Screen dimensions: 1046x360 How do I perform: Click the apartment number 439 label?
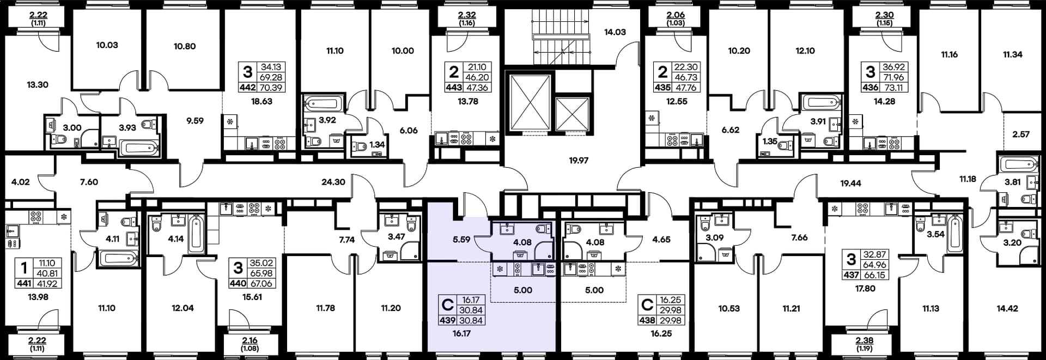click(447, 320)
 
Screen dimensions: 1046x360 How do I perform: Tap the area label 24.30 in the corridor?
click(333, 182)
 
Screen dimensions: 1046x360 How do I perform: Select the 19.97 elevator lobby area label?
click(579, 161)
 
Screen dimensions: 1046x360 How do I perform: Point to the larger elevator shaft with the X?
click(530, 103)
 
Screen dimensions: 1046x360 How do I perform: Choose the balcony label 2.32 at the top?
click(467, 15)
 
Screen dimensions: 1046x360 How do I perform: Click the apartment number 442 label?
click(247, 87)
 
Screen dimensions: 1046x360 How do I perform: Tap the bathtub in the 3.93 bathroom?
click(139, 148)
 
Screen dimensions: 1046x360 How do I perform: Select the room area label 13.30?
click(38, 85)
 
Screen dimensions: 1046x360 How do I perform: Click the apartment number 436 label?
click(871, 87)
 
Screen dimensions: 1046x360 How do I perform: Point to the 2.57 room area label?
click(1021, 135)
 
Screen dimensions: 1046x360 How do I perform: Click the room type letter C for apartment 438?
click(647, 304)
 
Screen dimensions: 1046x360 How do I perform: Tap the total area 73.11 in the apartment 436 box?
click(894, 87)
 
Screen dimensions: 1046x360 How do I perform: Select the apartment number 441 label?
click(24, 283)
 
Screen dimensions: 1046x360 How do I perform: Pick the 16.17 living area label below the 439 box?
click(461, 333)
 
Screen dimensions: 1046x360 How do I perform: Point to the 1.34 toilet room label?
click(377, 145)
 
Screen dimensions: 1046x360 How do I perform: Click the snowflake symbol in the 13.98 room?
click(64, 217)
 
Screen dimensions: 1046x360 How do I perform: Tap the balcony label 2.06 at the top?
click(676, 15)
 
